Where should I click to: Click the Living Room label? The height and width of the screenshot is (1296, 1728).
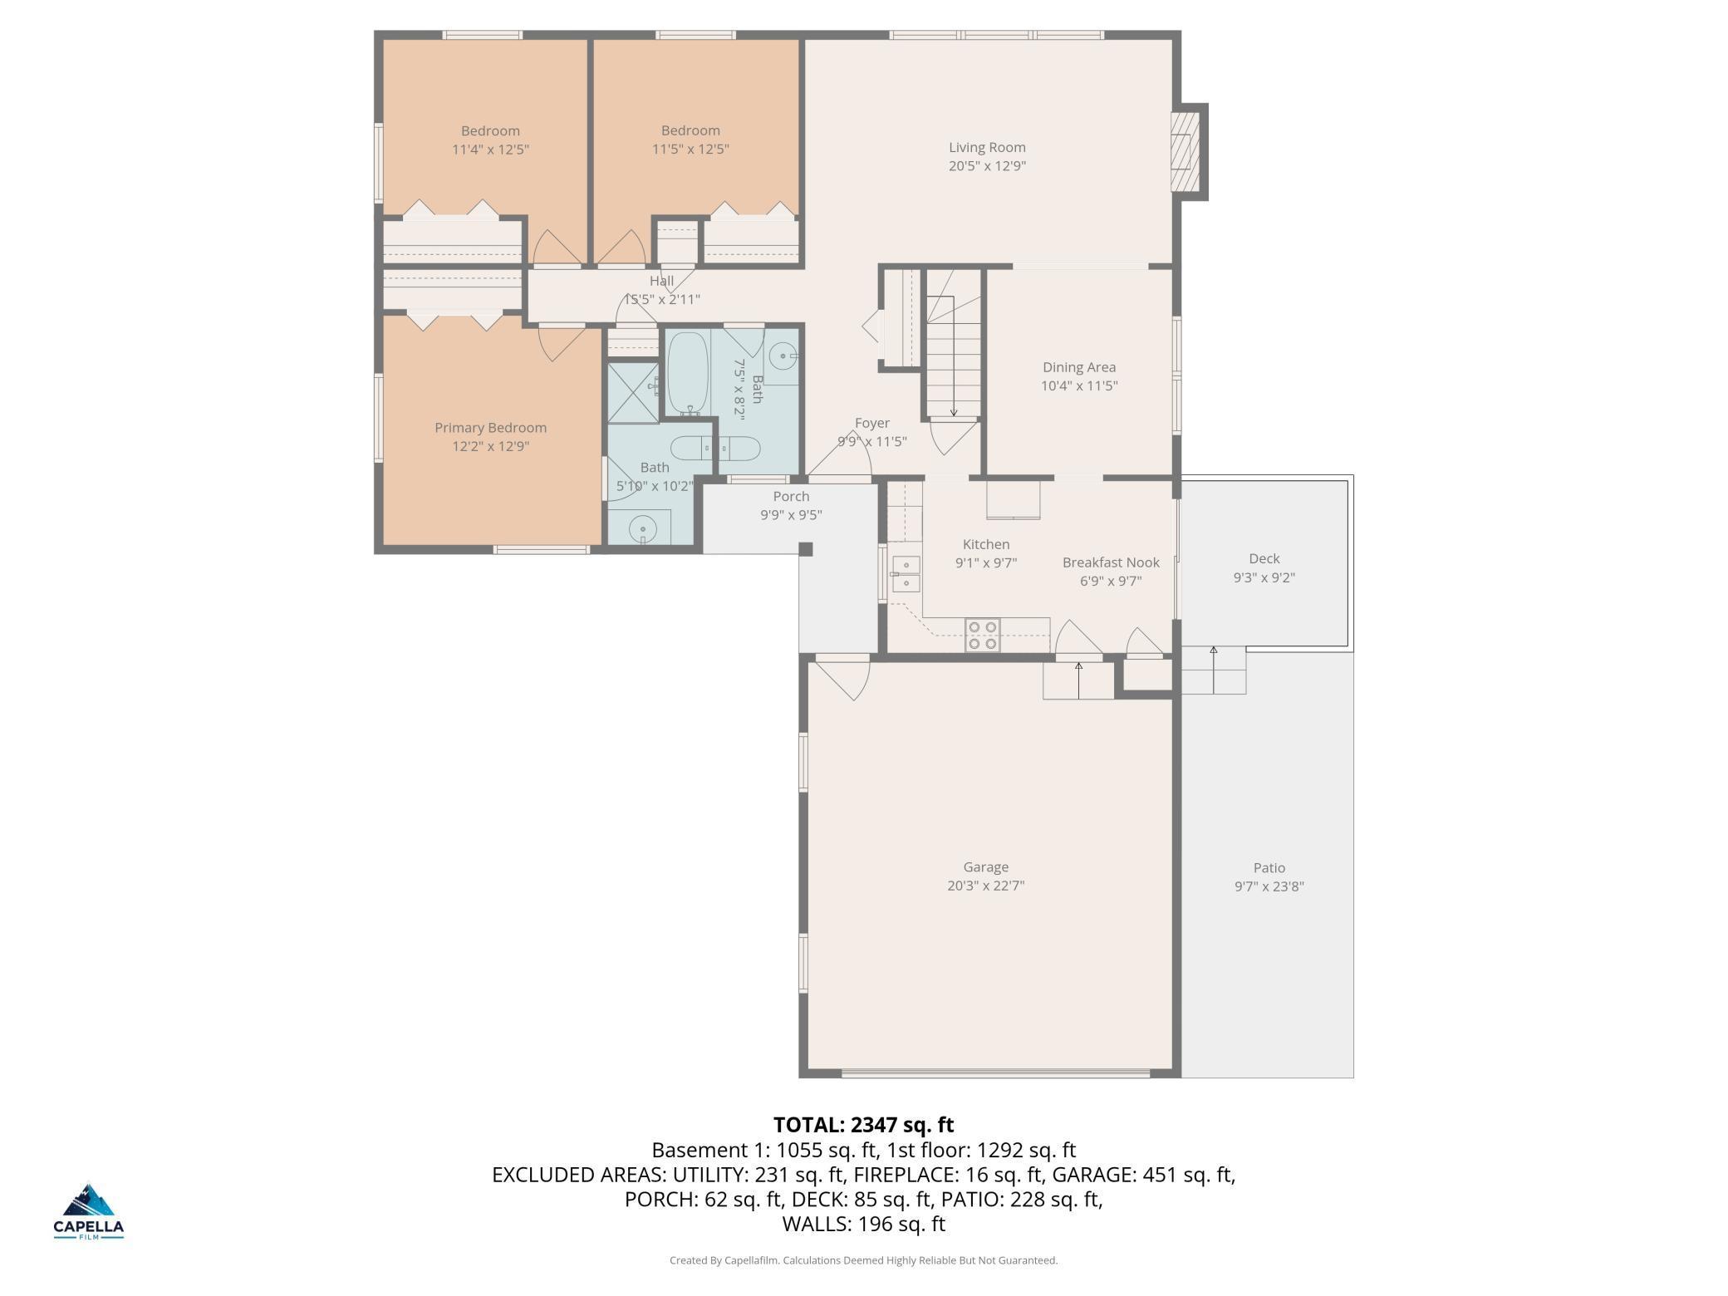[987, 148]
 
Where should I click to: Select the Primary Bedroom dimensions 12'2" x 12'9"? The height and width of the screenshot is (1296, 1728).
[490, 446]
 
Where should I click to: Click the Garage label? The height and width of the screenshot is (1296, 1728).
[985, 866]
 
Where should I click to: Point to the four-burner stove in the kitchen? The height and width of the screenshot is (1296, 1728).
[981, 636]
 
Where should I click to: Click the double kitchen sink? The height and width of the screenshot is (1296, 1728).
[906, 573]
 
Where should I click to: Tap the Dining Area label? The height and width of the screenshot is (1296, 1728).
[1078, 367]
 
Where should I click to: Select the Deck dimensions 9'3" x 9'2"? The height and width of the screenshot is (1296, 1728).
[1264, 577]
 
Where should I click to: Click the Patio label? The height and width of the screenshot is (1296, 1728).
[1269, 867]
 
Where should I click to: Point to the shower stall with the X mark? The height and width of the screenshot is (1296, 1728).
[633, 392]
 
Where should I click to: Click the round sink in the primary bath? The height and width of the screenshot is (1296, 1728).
[642, 528]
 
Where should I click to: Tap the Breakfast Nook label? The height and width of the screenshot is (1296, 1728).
[1110, 562]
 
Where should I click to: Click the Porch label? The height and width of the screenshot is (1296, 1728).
[790, 496]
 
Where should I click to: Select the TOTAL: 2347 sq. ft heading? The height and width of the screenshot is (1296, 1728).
[863, 1125]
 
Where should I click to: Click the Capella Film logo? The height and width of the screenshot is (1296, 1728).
[89, 1210]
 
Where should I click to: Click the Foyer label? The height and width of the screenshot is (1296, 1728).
[871, 423]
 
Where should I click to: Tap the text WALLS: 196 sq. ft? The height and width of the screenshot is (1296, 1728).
[863, 1224]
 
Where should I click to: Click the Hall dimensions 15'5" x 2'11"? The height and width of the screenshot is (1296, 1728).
[662, 299]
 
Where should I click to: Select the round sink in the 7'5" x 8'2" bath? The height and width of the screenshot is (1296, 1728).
[782, 357]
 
